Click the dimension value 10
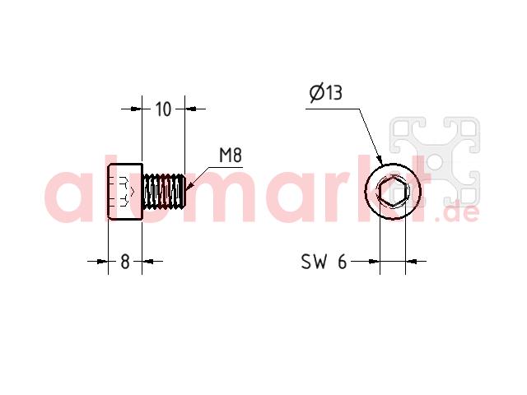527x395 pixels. point(163,109)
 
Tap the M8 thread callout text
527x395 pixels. point(231,156)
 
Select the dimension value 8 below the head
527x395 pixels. point(125,262)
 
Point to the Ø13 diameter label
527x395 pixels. point(326,92)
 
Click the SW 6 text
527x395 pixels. point(324,262)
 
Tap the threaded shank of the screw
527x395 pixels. point(165,192)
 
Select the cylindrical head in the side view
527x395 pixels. point(125,192)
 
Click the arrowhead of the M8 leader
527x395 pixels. point(189,185)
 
